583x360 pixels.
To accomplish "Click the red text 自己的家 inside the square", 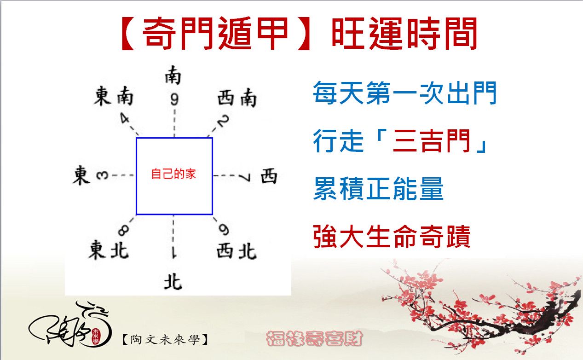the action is coord(173,174).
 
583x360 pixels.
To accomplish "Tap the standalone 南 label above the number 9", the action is coord(173,75).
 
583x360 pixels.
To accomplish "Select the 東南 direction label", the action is coord(114,96).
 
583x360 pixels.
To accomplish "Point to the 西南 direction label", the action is coord(237,98).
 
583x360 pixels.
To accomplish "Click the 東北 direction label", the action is coord(109,250).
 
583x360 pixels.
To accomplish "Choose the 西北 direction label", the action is coord(237,251).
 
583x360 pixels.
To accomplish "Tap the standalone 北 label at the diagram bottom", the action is coord(173,282).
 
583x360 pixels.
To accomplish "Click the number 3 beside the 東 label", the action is coord(102,175).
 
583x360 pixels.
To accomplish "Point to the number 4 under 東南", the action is coord(125,118).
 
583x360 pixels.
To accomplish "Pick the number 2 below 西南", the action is coord(223,121).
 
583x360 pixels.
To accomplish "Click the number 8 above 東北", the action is coord(123,230).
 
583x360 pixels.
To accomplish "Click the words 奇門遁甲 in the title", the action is coord(215,33).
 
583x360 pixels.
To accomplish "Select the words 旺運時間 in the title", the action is coord(404,33).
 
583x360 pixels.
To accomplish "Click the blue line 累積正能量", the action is coord(378,188).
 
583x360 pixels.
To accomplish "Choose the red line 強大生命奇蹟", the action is coord(392,236).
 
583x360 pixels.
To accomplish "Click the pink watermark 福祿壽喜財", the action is coord(314,338).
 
